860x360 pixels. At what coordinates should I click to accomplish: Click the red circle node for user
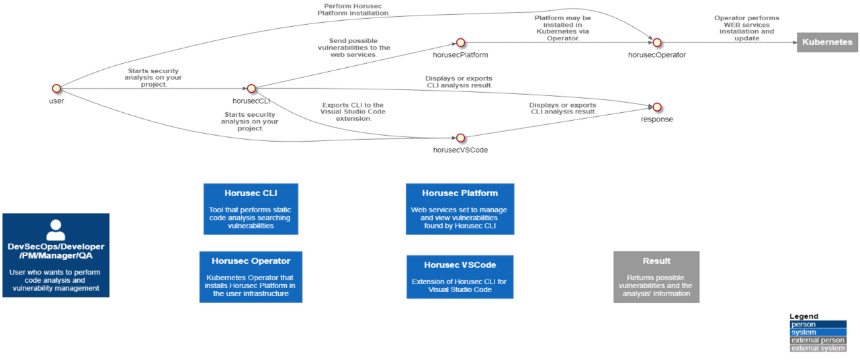56,89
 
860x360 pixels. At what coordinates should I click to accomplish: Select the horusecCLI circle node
251,89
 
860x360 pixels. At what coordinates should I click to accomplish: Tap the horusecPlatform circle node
460,43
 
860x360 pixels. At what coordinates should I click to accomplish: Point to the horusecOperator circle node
657,43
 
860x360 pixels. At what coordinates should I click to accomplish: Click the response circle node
657,107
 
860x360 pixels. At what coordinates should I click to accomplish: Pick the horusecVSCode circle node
460,138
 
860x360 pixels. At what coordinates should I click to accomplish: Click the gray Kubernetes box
827,42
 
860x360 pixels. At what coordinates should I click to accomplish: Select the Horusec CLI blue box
250,209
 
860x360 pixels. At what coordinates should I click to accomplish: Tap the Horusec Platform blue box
460,209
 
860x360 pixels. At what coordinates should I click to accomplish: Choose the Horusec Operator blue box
251,277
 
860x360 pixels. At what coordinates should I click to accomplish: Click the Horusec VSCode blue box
460,276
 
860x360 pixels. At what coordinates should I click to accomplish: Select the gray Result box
656,277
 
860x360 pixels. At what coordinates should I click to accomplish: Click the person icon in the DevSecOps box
56,230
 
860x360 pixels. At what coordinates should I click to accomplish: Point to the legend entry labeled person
818,324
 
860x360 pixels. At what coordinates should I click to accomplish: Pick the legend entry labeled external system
818,348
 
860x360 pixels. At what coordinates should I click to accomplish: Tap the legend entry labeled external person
818,341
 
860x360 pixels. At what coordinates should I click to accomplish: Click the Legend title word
804,316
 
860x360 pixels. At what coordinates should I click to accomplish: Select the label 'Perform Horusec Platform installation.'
353,9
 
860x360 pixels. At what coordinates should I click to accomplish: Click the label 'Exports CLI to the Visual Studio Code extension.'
353,111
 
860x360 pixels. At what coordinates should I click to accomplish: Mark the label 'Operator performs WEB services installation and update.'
746,28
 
